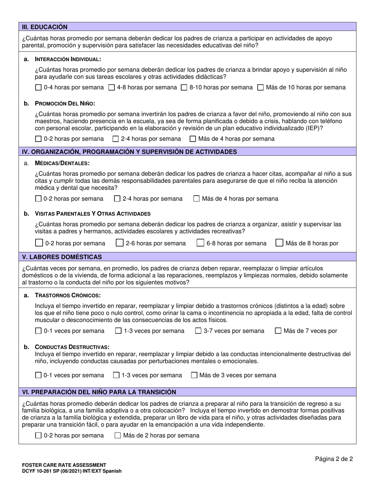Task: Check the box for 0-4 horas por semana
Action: pyautogui.click(x=38, y=88)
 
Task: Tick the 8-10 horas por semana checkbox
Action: pyautogui.click(x=184, y=88)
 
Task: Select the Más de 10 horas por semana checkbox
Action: pyautogui.click(x=261, y=88)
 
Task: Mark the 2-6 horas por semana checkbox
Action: pyautogui.click(x=120, y=243)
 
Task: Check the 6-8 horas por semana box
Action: pyautogui.click(x=201, y=243)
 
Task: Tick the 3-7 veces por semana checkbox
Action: pyautogui.click(x=199, y=331)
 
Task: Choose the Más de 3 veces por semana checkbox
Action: pyautogui.click(x=194, y=375)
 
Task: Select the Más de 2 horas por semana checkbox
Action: pyautogui.click(x=118, y=436)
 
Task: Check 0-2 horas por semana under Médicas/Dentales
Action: pyautogui.click(x=38, y=199)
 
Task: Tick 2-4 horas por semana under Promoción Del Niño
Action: pyautogui.click(x=116, y=139)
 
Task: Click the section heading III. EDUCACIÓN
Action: pyautogui.click(x=45, y=27)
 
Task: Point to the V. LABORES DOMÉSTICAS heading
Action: pyautogui.click(x=62, y=257)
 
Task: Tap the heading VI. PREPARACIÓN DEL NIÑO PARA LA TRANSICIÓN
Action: pyautogui.click(x=99, y=392)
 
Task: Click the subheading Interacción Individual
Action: pyautogui.click(x=68, y=59)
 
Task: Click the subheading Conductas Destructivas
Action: pyautogui.click(x=72, y=347)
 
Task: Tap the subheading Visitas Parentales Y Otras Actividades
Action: pyautogui.click(x=92, y=214)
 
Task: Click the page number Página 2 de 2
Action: pyautogui.click(x=334, y=459)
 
